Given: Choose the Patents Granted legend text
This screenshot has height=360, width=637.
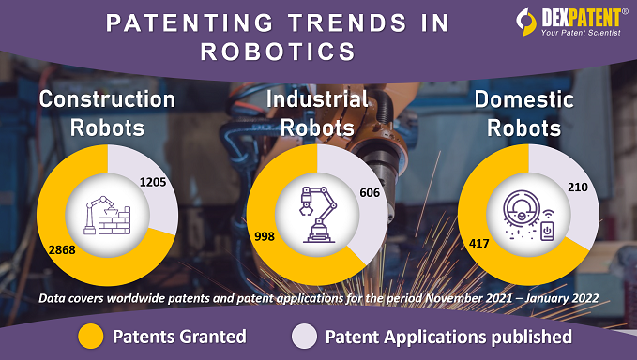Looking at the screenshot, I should [x=179, y=336].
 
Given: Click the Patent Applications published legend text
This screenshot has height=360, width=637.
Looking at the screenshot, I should [x=447, y=336].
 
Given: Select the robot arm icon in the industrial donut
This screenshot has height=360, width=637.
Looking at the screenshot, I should [x=315, y=216].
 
